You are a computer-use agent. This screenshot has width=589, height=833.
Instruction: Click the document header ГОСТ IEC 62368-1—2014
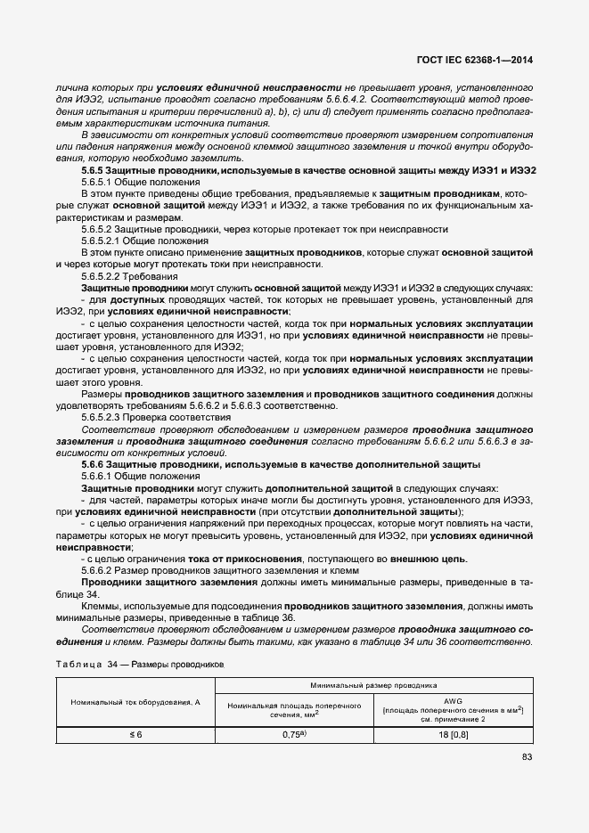[x=482, y=61]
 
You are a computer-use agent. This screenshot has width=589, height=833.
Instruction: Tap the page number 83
[x=528, y=757]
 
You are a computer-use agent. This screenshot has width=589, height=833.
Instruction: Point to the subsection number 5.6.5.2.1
[x=107, y=241]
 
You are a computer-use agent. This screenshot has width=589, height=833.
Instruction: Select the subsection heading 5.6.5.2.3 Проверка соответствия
[x=156, y=417]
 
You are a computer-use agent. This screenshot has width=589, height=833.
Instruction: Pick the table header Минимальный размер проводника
[x=373, y=686]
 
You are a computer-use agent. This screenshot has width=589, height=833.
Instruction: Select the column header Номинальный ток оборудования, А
[x=135, y=702]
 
